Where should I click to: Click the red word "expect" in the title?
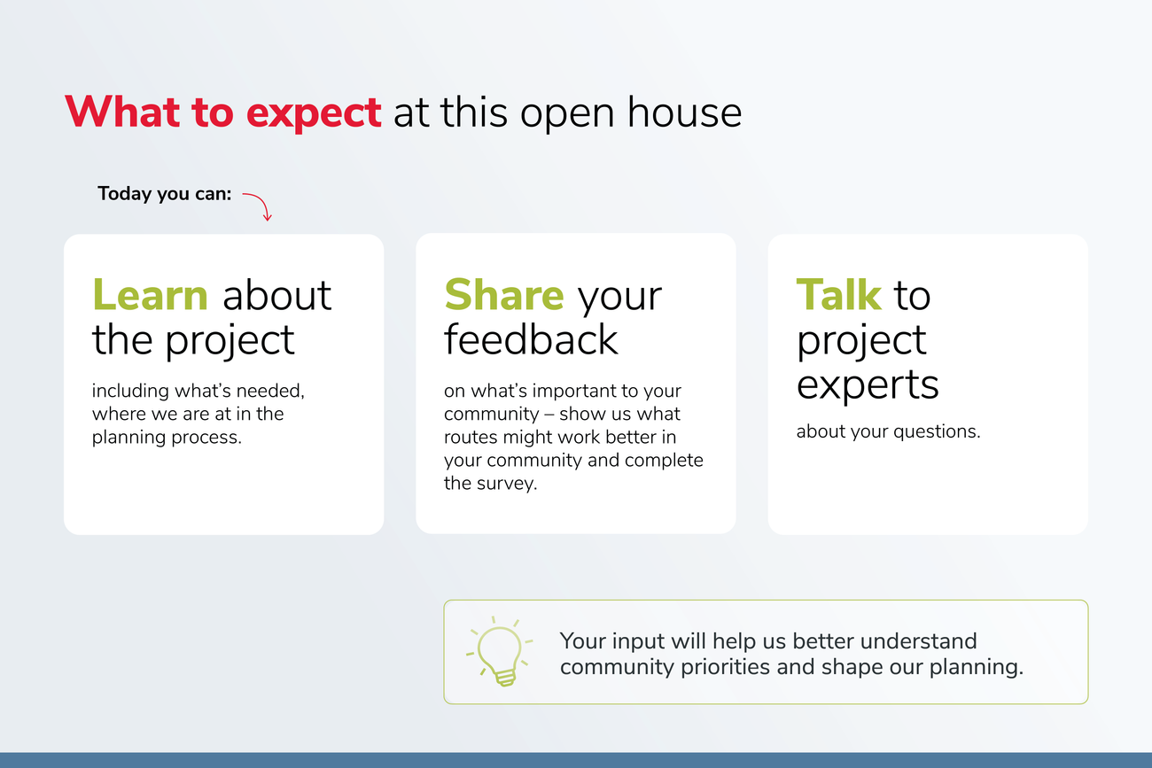pos(314,113)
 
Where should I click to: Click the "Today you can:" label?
pos(165,194)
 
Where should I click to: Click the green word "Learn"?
pos(150,295)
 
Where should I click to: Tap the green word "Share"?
pos(504,295)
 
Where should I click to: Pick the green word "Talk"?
pos(839,295)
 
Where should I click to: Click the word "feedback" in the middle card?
pos(531,339)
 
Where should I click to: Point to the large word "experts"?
pos(868,385)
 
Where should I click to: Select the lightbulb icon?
pos(500,651)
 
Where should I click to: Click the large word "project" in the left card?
pos(230,341)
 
